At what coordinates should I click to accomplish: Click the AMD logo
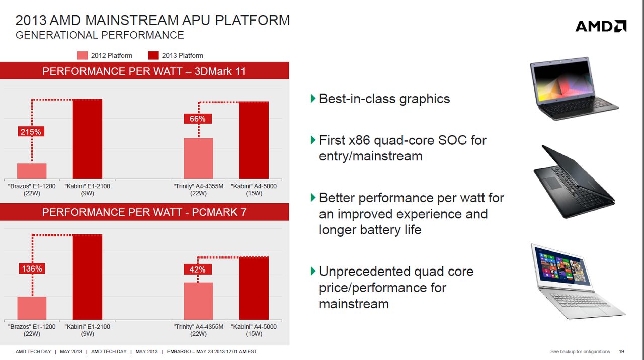(601, 26)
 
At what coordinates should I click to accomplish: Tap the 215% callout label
(31, 132)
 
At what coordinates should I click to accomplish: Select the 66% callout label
(198, 119)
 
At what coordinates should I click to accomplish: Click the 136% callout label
(32, 268)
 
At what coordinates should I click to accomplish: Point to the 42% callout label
(198, 269)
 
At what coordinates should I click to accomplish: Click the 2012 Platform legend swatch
(82, 55)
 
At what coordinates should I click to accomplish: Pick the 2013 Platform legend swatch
(153, 55)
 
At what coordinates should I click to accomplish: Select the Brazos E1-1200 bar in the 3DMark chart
(32, 171)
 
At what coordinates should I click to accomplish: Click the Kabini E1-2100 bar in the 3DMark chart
(88, 139)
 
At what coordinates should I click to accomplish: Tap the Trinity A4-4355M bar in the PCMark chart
(198, 301)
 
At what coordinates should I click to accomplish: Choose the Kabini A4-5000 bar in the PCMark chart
(254, 288)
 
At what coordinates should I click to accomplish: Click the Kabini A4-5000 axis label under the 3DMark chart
(254, 190)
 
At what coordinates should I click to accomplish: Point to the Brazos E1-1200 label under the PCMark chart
(32, 330)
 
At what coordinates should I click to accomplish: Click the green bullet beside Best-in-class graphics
(313, 98)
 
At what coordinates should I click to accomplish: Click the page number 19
(621, 351)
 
